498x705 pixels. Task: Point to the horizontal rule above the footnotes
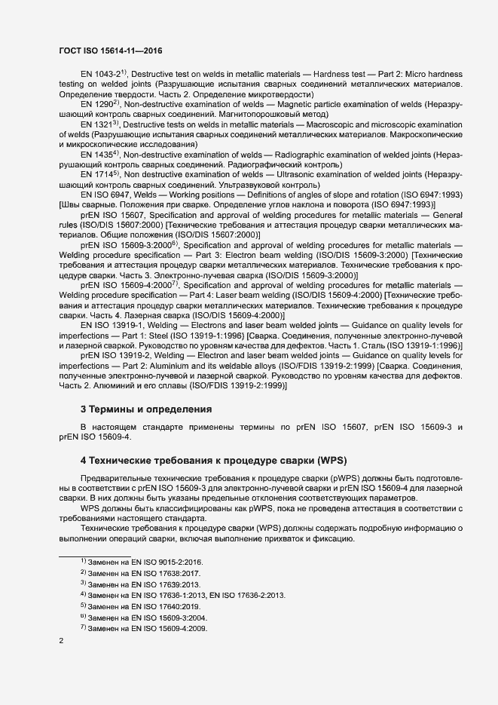95,555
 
